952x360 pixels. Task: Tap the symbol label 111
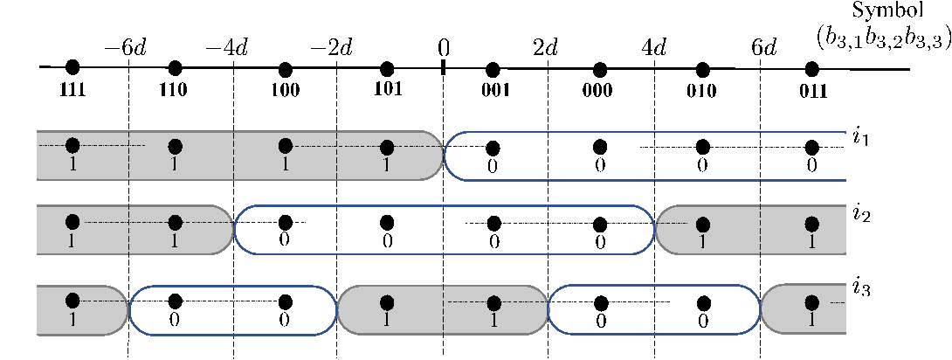coord(72,90)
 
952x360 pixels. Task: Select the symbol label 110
coord(175,90)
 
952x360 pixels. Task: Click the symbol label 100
coord(284,90)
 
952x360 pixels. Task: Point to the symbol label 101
coord(388,89)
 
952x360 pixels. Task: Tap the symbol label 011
coord(811,90)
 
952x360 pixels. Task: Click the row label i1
coord(859,141)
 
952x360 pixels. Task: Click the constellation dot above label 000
coord(600,69)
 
